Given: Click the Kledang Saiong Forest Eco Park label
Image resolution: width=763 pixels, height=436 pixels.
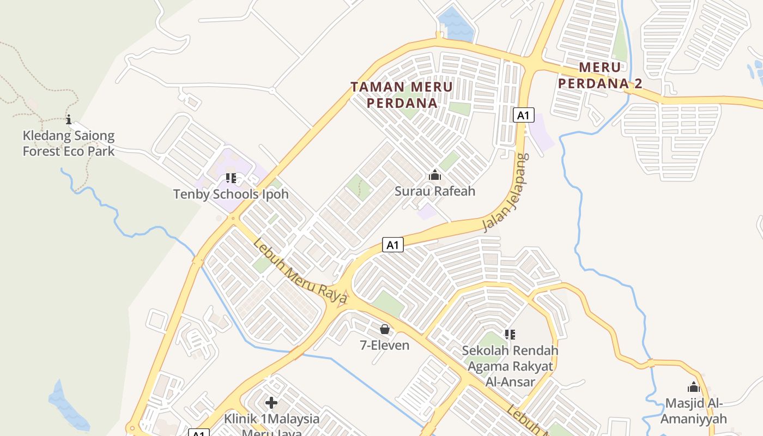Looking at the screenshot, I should pos(69,143).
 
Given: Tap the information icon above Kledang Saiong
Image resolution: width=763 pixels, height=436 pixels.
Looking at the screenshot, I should pos(69,119).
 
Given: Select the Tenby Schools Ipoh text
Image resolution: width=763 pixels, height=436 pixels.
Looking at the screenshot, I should pos(231,194).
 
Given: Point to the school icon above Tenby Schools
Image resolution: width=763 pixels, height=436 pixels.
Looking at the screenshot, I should pos(231,178).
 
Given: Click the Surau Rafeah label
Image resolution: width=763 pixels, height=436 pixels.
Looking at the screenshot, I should pos(435,191).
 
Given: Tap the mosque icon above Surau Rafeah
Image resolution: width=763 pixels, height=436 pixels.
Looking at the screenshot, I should pos(435,175).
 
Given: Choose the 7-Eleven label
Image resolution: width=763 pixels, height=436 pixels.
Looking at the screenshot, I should pos(384,344).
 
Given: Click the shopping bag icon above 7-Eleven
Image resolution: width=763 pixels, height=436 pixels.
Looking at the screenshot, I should pos(385,329).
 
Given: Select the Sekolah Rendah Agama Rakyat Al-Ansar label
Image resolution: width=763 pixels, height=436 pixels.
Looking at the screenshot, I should pos(510,366).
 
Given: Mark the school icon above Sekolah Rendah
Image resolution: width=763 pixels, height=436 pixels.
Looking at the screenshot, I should pos(510,334).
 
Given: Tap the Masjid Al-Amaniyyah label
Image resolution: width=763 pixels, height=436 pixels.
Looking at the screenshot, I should pos(693,411).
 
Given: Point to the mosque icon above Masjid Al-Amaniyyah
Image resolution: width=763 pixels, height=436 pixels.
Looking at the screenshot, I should pos(693,387).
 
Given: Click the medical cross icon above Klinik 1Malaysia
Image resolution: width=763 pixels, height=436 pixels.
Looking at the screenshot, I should pos(271,403).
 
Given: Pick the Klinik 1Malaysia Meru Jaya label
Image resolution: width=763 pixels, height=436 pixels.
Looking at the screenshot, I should pos(271,424).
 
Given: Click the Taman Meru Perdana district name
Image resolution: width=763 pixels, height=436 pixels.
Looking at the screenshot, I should pos(402,94).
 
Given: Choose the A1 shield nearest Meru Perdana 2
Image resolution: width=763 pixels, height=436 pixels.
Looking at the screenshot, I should pos(523,116).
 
